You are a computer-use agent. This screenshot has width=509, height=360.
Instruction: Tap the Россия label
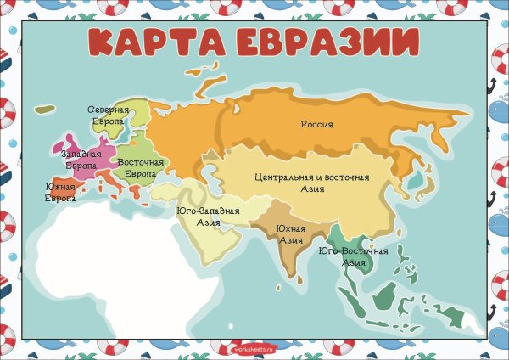(317, 124)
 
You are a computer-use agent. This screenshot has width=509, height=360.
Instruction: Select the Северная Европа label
(109, 116)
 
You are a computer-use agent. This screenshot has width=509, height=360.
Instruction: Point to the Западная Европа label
(81, 159)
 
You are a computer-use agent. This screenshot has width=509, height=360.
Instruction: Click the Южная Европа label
(59, 192)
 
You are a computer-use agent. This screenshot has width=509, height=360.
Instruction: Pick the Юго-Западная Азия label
(209, 217)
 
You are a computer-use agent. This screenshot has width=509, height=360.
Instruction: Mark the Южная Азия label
(291, 234)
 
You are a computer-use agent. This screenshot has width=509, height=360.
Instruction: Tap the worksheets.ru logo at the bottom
(254, 347)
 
